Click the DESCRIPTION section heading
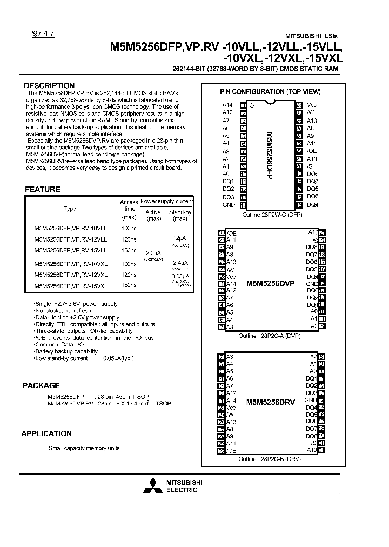(x=49, y=85)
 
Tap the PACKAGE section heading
(x=41, y=385)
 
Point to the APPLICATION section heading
(x=46, y=433)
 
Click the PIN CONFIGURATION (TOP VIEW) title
(x=270, y=92)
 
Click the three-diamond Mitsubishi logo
(x=152, y=486)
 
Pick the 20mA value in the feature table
(x=153, y=252)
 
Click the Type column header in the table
(x=70, y=209)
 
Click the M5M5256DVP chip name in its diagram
(x=270, y=283)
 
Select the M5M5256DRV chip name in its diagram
(x=270, y=403)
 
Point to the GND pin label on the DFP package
(x=229, y=205)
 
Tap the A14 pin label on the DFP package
(x=227, y=105)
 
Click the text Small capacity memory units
(x=84, y=448)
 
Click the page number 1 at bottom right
(x=339, y=495)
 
